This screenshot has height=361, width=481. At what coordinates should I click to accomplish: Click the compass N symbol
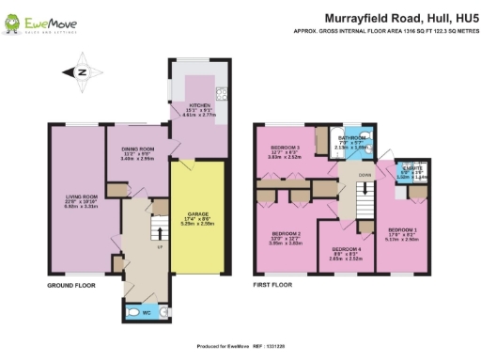click(x=82, y=71)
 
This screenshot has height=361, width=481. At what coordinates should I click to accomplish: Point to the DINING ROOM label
click(x=137, y=149)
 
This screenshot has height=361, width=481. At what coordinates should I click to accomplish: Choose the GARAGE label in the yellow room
click(x=198, y=213)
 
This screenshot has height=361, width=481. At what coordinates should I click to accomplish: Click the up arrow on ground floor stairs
click(x=159, y=230)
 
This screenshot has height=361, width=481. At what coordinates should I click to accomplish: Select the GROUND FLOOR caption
click(x=71, y=283)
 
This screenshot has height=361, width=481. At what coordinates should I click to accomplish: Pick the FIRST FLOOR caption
click(x=276, y=283)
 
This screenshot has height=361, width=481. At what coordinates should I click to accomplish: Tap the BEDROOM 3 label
click(x=287, y=148)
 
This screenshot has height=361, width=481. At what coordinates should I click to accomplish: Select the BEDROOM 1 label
click(x=402, y=230)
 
